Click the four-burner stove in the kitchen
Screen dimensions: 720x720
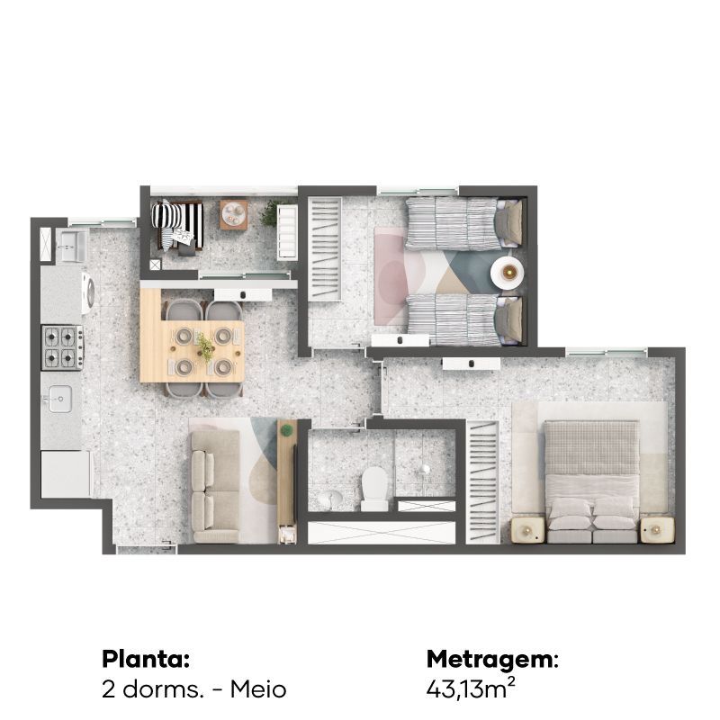(62, 347)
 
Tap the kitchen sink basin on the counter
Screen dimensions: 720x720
(60, 399)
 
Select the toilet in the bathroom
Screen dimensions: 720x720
(374, 489)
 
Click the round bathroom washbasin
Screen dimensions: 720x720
(331, 499)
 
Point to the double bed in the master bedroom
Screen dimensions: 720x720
(591, 481)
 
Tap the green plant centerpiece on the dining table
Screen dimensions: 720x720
(205, 346)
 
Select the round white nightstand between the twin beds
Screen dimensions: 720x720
(507, 273)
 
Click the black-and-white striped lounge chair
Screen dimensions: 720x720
(177, 225)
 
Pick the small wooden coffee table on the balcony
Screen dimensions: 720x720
(234, 214)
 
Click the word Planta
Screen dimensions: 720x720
(146, 660)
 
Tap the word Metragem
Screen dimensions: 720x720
(492, 660)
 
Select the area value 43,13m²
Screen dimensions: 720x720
(471, 688)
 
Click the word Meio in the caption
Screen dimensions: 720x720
(258, 689)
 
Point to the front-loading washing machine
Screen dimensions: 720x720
(88, 293)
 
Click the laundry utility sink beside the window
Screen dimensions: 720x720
(71, 246)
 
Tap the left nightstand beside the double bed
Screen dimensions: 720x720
(527, 530)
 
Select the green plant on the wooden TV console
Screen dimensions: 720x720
(287, 430)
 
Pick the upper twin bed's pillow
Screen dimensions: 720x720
(508, 222)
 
